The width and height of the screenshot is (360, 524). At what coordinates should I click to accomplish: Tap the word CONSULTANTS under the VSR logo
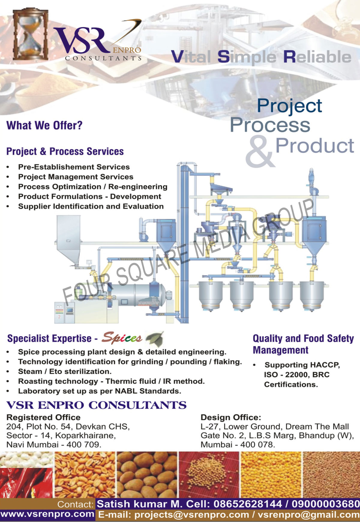pos(103,58)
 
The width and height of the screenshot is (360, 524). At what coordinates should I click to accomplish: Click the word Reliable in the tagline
pos(317,57)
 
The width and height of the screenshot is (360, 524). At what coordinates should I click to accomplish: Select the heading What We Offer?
pos(44,125)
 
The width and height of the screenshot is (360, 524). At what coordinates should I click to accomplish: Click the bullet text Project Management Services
pos(76,177)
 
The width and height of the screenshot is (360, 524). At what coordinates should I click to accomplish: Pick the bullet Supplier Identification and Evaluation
pos(91,206)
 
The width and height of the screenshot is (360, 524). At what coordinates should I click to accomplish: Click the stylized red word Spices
pos(121,338)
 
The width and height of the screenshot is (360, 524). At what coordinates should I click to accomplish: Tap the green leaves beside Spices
pos(155,339)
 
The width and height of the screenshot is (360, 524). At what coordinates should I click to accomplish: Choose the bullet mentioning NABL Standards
pos(100,391)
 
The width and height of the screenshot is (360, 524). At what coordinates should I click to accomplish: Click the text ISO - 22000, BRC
pos(297,375)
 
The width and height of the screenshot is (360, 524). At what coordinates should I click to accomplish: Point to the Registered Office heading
pos(43,417)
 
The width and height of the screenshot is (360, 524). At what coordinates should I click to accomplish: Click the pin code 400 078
pos(257,445)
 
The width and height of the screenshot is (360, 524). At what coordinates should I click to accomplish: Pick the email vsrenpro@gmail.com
pos(309,515)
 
